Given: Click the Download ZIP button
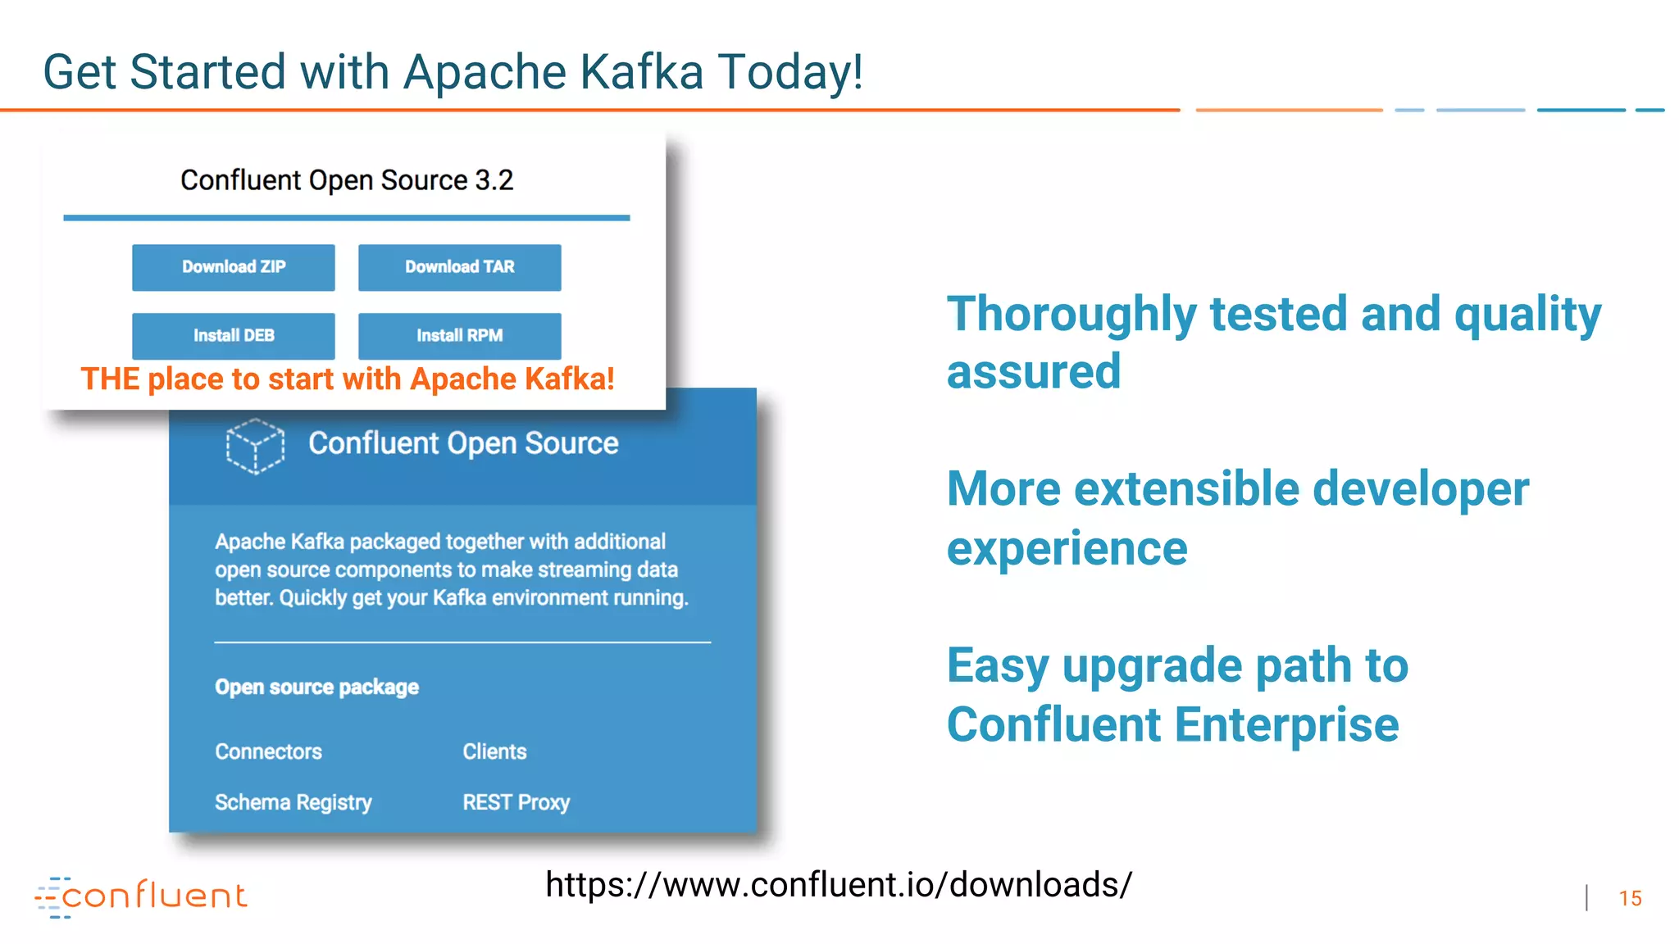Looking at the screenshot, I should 234,267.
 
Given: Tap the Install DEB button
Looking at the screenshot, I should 234,336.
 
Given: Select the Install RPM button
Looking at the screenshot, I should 459,336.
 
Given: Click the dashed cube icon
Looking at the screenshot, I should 255,446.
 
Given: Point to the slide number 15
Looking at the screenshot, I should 1630,898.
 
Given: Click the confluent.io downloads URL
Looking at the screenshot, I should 838,885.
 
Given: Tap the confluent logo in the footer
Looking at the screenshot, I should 141,896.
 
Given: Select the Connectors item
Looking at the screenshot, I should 268,751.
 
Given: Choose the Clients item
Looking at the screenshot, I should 494,751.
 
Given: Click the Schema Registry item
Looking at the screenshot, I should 293,802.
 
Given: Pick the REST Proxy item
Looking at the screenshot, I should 516,802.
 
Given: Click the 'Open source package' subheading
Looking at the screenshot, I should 316,687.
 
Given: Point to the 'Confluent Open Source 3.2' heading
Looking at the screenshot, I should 347,180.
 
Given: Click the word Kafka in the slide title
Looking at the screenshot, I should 641,72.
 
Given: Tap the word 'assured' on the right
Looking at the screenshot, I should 1033,373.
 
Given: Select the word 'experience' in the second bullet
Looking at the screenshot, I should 1067,549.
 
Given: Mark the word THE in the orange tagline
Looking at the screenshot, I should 110,379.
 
